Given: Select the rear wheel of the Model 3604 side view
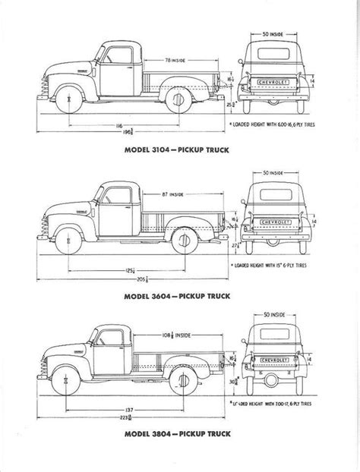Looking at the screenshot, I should tap(184, 241).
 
